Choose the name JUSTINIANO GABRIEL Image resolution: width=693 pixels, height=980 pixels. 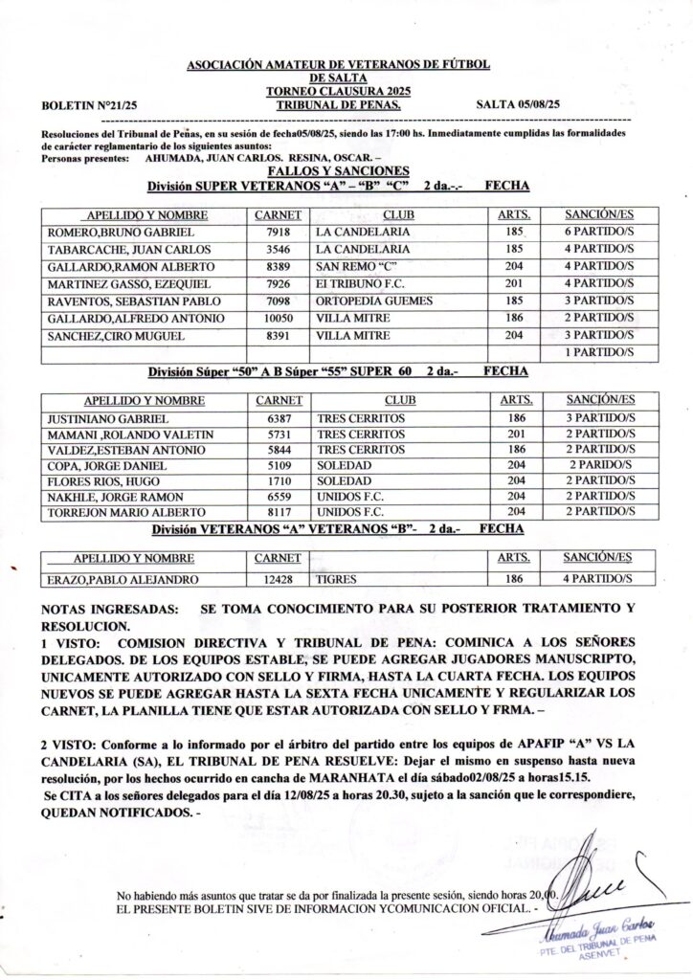point(107,418)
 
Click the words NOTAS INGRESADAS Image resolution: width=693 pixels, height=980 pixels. point(109,610)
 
